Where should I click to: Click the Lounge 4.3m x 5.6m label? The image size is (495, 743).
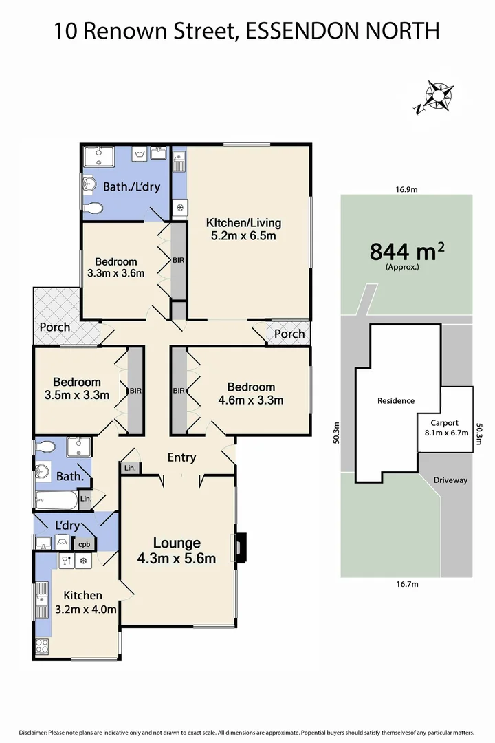177,550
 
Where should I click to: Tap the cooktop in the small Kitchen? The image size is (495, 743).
42,647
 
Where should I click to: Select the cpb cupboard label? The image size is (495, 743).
84,544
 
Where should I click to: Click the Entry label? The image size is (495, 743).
181,457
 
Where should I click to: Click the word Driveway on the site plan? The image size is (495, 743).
450,480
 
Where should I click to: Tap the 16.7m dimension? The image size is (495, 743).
407,584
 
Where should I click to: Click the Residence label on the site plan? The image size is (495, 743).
395,400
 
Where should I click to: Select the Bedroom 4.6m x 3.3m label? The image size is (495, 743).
251,394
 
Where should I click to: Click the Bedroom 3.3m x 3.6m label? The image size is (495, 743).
115,267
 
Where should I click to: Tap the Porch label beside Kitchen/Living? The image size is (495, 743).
289,334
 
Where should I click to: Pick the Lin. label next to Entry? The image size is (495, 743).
130,468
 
